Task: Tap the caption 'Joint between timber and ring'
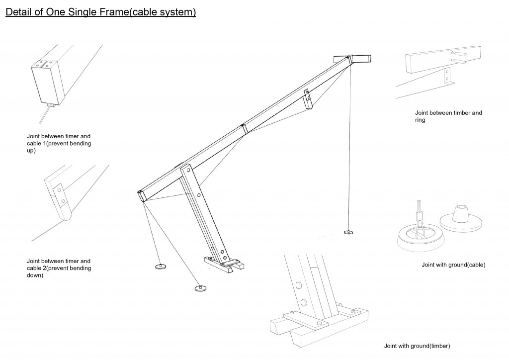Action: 449,116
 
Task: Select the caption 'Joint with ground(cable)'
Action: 453,265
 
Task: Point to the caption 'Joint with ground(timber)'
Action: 418,346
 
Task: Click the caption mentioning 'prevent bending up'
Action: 59,143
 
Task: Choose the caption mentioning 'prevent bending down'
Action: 59,268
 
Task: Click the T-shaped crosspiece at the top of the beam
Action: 352,59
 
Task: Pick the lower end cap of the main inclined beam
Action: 141,195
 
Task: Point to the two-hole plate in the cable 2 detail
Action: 60,195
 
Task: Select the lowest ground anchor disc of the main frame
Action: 200,288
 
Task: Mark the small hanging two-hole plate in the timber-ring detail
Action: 448,76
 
